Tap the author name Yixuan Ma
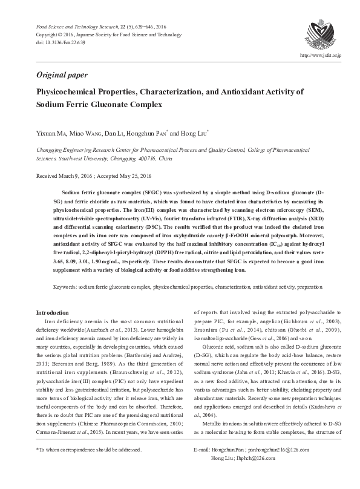[53, 133]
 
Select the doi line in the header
[61, 44]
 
